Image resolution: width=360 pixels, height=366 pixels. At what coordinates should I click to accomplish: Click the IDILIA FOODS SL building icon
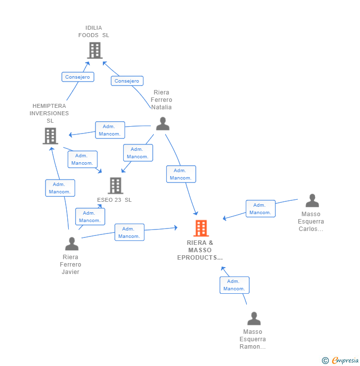pyautogui.click(x=95, y=50)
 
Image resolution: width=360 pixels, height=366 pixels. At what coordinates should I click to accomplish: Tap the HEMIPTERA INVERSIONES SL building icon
pyautogui.click(x=50, y=136)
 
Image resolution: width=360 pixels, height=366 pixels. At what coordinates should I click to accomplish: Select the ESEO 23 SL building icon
pyautogui.click(x=116, y=185)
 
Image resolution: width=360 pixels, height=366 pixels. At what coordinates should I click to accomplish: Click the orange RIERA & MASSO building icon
pyautogui.click(x=201, y=228)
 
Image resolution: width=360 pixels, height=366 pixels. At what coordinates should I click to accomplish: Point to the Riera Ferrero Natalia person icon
pyautogui.click(x=163, y=124)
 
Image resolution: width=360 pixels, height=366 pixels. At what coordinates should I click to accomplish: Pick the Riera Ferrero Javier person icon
pyautogui.click(x=72, y=244)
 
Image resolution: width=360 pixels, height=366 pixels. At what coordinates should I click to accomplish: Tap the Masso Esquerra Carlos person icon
pyautogui.click(x=312, y=200)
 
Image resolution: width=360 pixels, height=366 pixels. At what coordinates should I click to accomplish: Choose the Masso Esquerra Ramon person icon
pyautogui.click(x=254, y=319)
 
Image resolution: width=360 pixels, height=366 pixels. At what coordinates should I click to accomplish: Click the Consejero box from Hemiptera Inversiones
pyautogui.click(x=78, y=77)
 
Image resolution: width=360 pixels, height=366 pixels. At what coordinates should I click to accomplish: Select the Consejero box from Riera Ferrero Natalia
pyautogui.click(x=127, y=81)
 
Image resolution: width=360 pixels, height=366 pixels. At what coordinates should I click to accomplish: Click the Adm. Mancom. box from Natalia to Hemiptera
pyautogui.click(x=110, y=130)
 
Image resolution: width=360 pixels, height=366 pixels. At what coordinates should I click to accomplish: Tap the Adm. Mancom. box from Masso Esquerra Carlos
pyautogui.click(x=261, y=209)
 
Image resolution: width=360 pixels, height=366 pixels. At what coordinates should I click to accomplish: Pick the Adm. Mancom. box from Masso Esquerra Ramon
pyautogui.click(x=234, y=285)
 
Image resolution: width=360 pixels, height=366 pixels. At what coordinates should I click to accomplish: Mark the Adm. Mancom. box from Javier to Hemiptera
pyautogui.click(x=60, y=188)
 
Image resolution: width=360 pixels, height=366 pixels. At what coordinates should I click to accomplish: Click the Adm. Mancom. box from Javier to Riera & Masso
pyautogui.click(x=129, y=232)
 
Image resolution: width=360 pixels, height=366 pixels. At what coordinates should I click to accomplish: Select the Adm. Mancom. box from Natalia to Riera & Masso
pyautogui.click(x=181, y=174)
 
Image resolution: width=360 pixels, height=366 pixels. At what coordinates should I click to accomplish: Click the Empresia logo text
pyautogui.click(x=345, y=360)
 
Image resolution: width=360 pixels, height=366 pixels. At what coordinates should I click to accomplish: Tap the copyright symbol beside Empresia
pyautogui.click(x=325, y=361)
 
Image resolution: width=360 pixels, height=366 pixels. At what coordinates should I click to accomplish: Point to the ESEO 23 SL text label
pyautogui.click(x=114, y=200)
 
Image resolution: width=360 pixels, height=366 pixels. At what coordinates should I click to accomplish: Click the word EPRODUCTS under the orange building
pyautogui.click(x=200, y=258)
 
